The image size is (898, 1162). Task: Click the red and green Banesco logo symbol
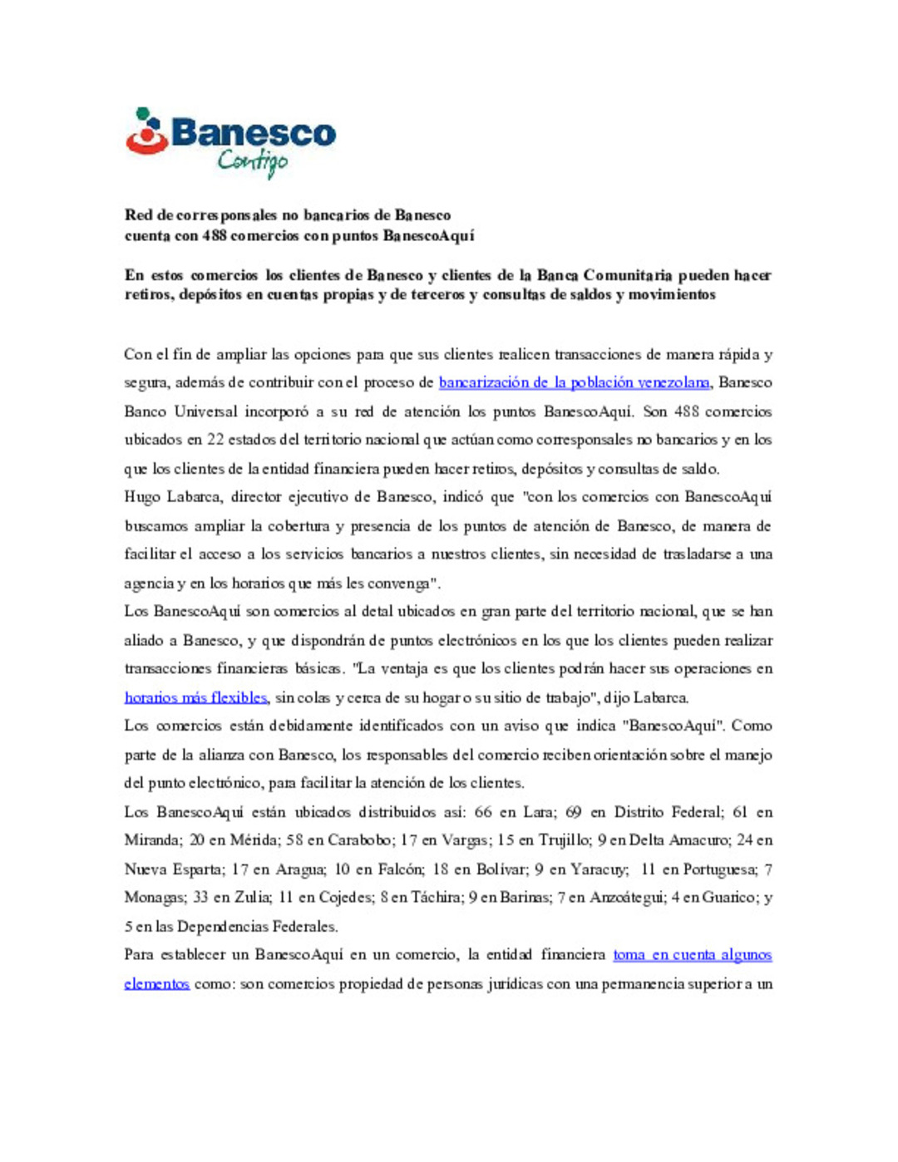tap(146, 131)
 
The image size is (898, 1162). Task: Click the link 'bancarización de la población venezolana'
tap(574, 382)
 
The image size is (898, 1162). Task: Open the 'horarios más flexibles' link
tap(195, 697)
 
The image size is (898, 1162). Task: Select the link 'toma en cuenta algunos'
tap(692, 955)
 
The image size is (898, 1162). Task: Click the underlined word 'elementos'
tap(156, 984)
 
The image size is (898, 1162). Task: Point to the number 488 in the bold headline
tap(214, 236)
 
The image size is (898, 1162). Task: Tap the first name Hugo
tap(142, 497)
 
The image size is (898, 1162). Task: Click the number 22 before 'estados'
tap(215, 440)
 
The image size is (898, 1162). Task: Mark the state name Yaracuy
tap(599, 869)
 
